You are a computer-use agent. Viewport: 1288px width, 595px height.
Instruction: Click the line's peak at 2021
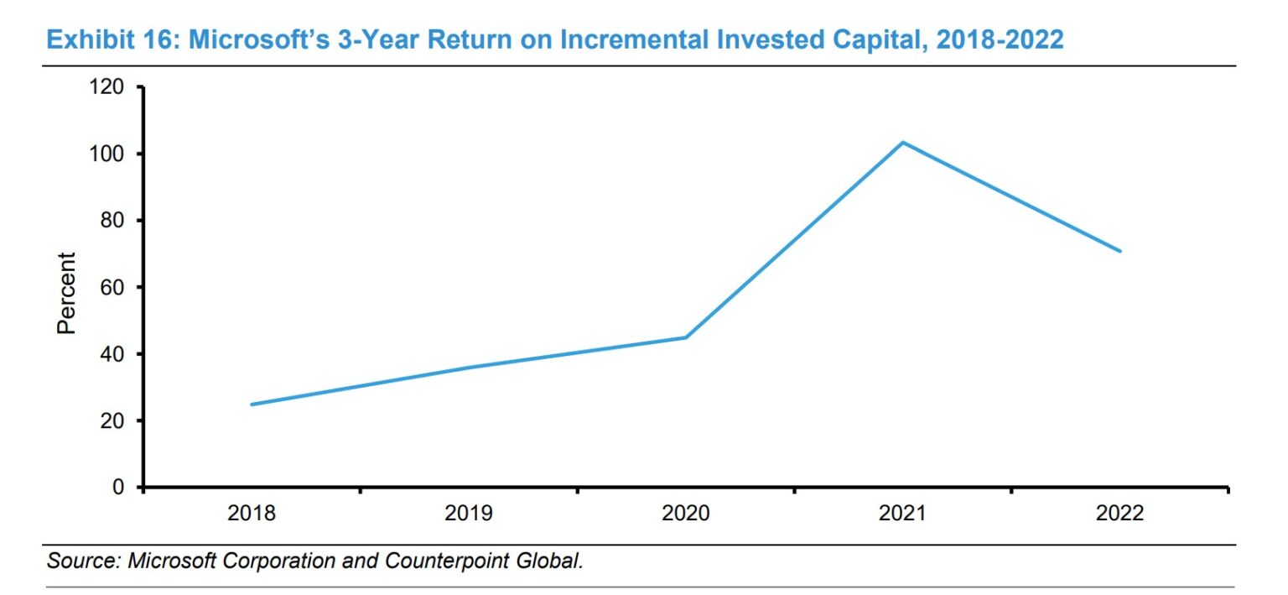coord(903,143)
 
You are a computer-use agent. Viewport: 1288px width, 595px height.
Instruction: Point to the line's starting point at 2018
coord(252,404)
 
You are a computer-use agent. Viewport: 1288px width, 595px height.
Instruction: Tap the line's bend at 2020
coord(686,337)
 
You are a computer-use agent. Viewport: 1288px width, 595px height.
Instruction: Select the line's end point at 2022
coord(1120,251)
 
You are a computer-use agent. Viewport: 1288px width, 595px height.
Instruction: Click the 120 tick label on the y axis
coord(106,87)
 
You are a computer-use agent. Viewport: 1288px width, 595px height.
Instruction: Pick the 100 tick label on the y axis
coord(106,154)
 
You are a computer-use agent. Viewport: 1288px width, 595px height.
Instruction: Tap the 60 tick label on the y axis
coord(112,288)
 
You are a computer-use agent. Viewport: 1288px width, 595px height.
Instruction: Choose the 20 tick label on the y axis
coord(112,421)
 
